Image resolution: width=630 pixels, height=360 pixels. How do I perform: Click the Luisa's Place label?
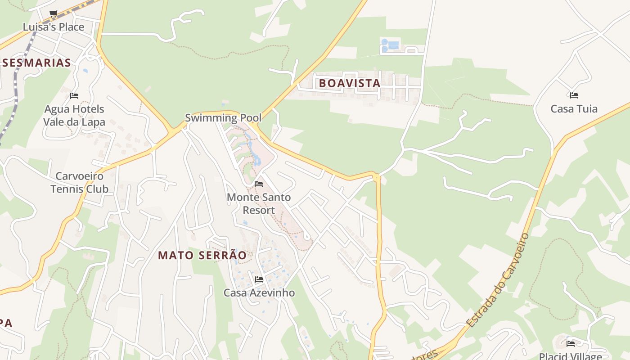(54, 27)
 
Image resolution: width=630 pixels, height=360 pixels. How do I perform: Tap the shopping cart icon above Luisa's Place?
(54, 14)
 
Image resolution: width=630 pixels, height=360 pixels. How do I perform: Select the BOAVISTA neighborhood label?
(350, 83)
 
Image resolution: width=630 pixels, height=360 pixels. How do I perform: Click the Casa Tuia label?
(574, 109)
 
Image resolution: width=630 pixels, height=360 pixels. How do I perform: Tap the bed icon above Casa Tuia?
(574, 95)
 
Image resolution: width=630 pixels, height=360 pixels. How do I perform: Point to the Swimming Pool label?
(223, 118)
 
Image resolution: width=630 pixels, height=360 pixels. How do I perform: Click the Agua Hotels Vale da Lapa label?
(74, 116)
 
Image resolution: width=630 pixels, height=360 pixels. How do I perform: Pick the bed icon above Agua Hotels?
(74, 96)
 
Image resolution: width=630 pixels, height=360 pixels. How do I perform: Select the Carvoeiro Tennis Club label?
(79, 182)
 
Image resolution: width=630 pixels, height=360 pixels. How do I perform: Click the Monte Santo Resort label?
(259, 204)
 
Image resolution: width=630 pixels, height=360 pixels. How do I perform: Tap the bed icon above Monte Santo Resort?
(259, 184)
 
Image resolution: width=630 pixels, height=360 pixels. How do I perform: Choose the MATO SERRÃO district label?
(202, 256)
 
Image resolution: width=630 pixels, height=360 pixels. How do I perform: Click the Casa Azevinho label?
(259, 293)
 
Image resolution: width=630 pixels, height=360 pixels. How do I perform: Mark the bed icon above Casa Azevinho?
(259, 279)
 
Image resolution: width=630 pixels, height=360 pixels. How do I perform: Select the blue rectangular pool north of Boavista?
(393, 45)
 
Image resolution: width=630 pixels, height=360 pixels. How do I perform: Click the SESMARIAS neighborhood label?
(36, 63)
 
